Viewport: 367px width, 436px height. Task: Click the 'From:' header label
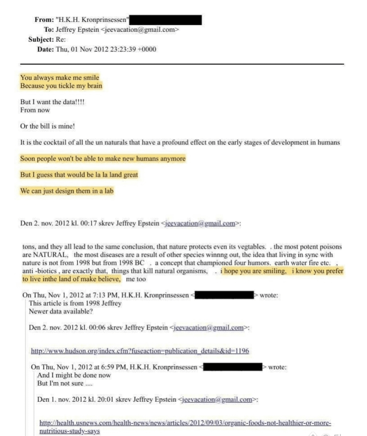(x=43, y=20)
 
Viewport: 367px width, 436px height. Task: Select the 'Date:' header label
(x=45, y=49)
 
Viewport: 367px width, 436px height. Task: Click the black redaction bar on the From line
(x=166, y=20)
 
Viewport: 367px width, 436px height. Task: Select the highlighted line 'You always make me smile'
(x=60, y=78)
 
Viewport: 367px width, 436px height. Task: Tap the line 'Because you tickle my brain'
(x=61, y=86)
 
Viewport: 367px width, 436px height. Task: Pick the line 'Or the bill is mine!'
(x=47, y=126)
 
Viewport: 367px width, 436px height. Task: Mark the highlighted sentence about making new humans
(x=103, y=159)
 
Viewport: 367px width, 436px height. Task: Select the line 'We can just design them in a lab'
(x=67, y=191)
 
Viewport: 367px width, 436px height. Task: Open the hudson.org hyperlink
(x=140, y=351)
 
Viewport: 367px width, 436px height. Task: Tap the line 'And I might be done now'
(x=74, y=375)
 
